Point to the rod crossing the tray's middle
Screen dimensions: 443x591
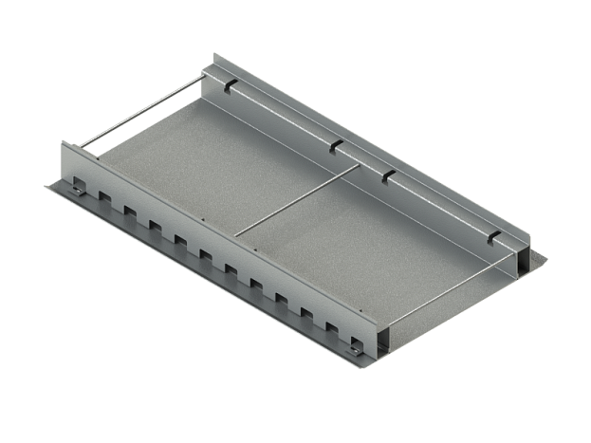pos(299,199)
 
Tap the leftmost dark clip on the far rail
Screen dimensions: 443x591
pos(231,86)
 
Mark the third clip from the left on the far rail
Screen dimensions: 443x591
pos(387,175)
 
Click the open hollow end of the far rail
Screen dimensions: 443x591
pos(522,260)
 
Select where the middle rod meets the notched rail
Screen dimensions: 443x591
pos(236,233)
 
